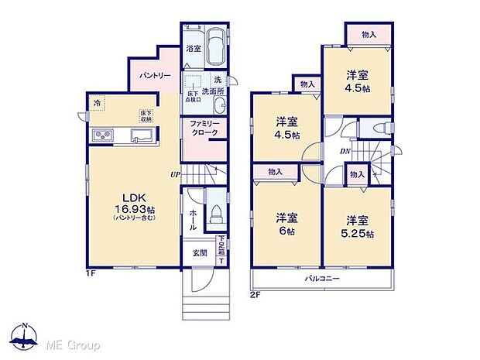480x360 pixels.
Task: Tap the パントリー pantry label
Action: (x=155, y=77)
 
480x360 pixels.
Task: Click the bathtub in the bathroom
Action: (x=216, y=48)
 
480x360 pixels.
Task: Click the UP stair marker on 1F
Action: (x=176, y=174)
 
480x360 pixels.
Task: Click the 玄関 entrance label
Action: (x=197, y=252)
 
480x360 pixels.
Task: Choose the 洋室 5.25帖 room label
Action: (x=359, y=226)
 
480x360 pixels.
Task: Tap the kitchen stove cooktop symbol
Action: (x=104, y=136)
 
